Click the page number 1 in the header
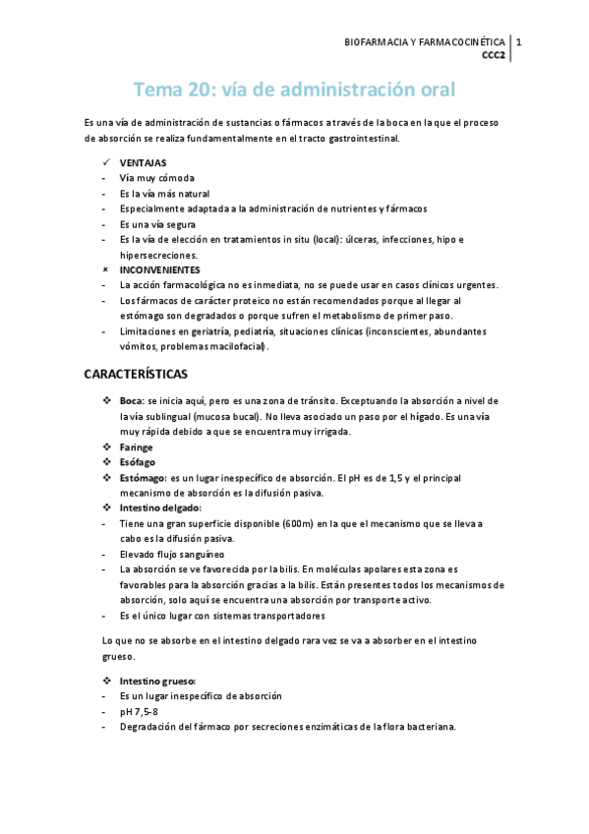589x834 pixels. tap(518, 42)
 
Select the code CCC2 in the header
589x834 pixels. tap(493, 55)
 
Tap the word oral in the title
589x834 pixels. tap(434, 90)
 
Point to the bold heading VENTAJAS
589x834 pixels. tap(143, 163)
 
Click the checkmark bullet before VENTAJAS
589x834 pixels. tap(106, 163)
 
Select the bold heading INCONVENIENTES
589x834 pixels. tap(159, 269)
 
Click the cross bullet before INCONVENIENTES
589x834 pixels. tap(106, 269)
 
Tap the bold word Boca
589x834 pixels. tap(132, 401)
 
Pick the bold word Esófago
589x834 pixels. tap(137, 462)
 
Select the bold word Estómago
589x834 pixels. tap(142, 477)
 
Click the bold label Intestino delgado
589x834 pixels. tap(160, 507)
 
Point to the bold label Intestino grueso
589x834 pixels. tap(157, 681)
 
